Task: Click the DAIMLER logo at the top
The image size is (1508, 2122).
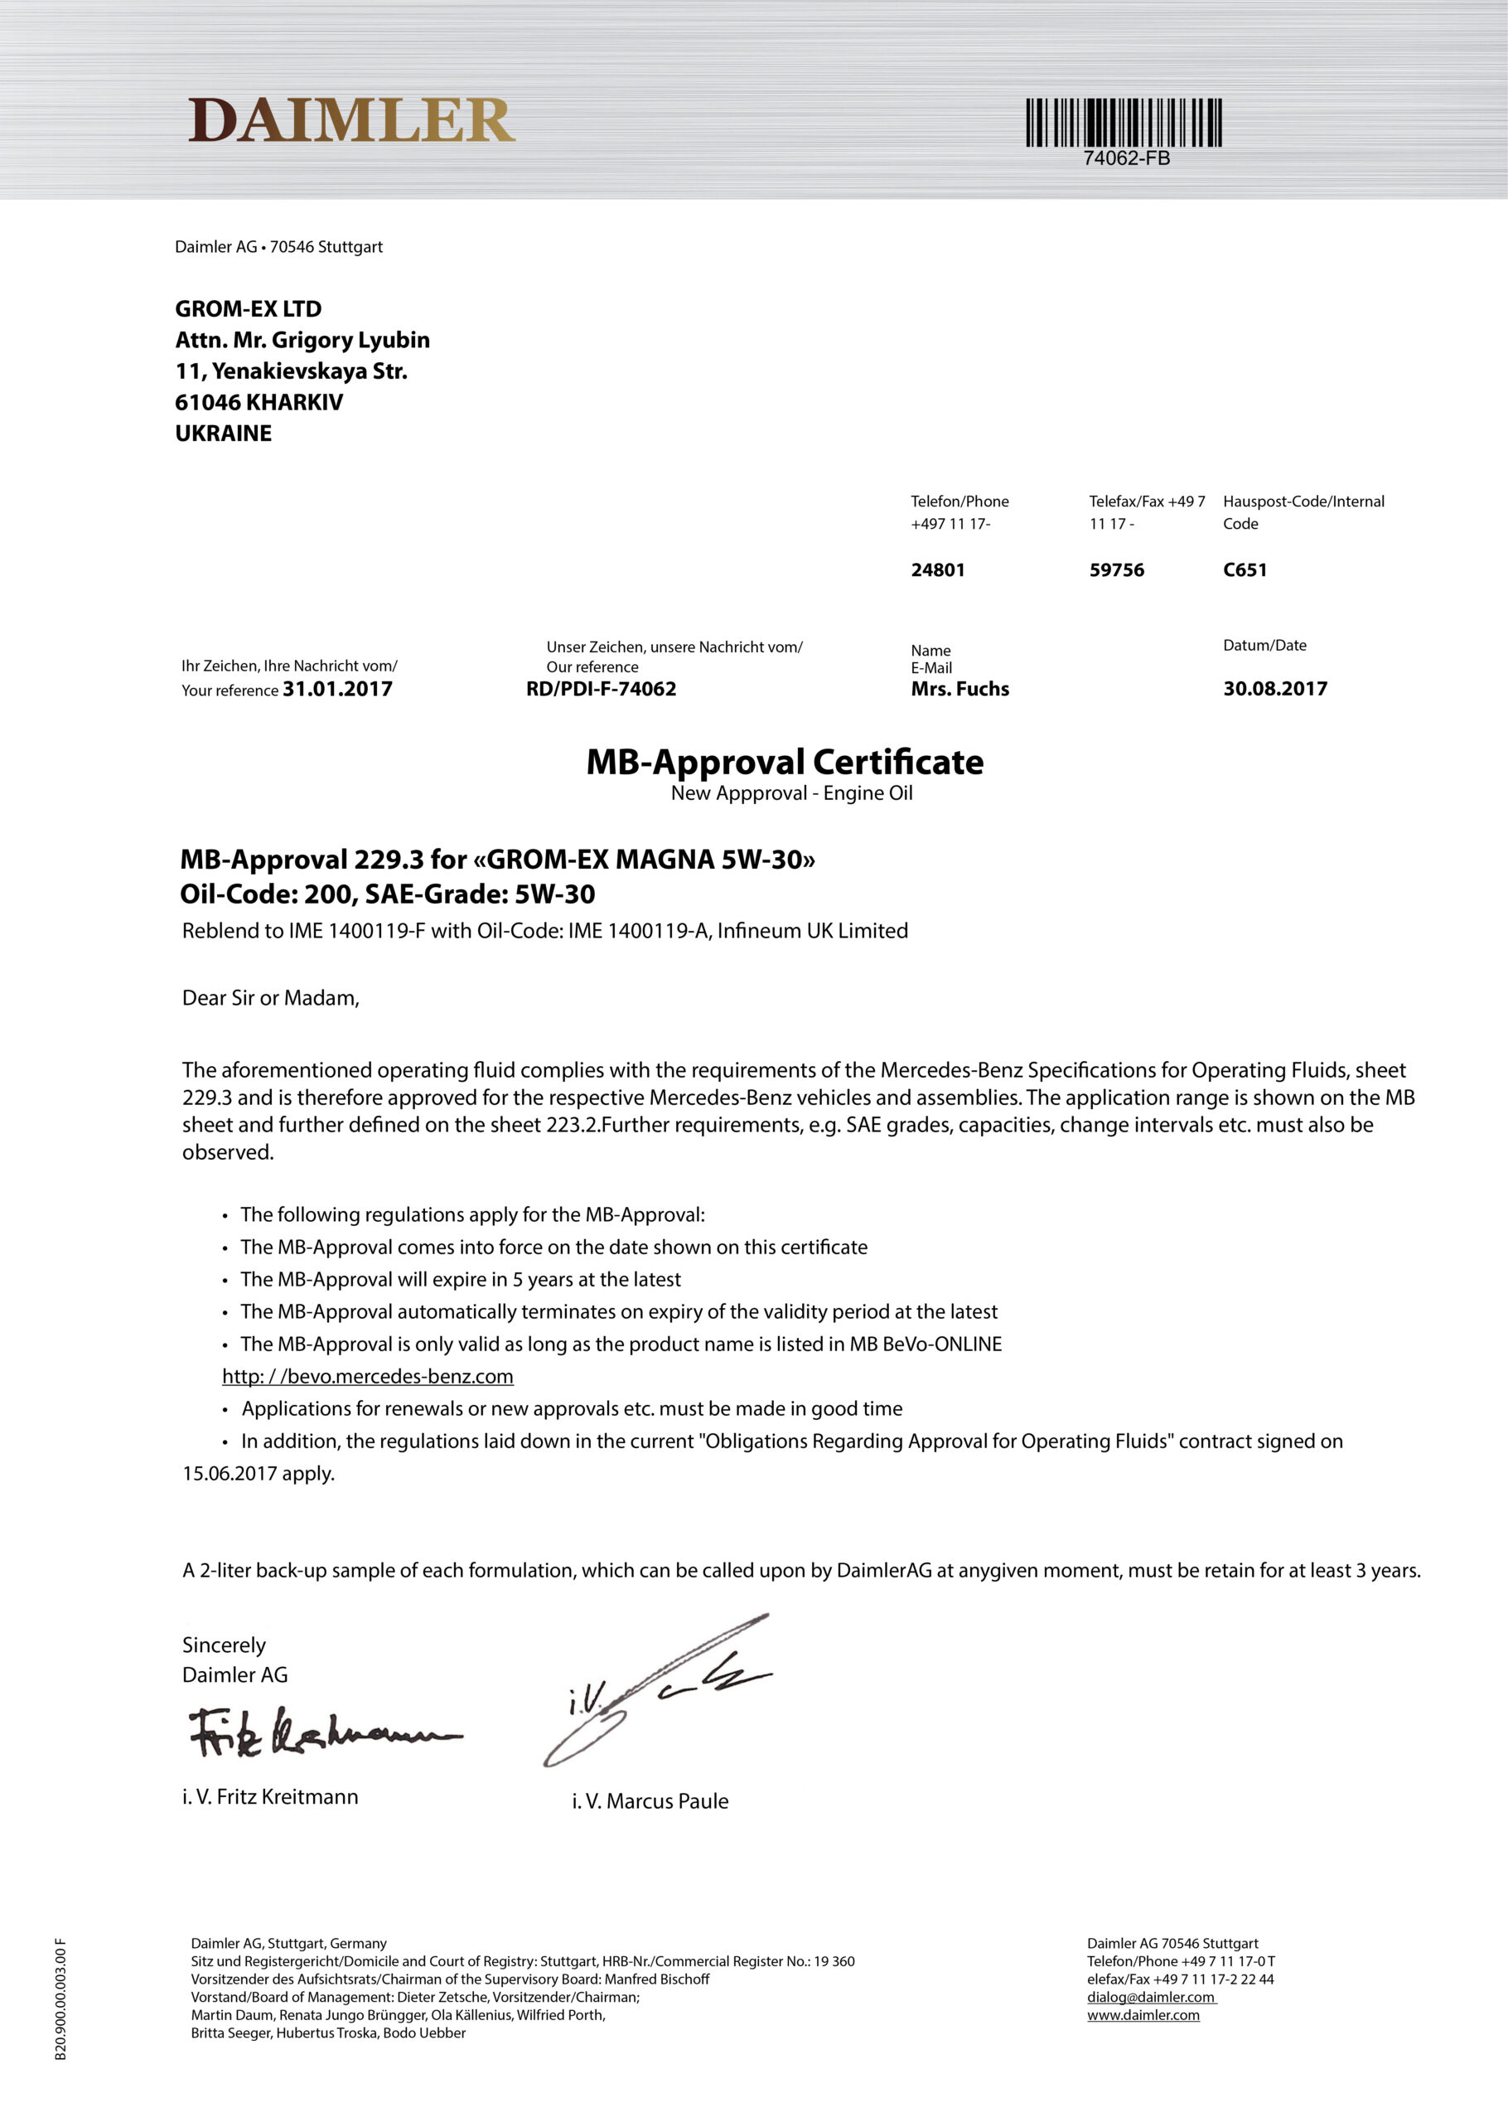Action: click(351, 121)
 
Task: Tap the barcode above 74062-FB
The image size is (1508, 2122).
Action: click(1123, 123)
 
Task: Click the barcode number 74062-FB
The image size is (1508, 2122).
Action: click(1126, 159)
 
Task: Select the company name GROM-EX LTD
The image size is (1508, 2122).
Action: click(248, 309)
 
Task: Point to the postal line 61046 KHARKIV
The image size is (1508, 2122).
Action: click(259, 402)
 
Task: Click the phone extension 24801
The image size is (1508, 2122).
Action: click(937, 570)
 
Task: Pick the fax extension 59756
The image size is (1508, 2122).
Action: click(1116, 570)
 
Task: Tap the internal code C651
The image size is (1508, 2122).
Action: click(1245, 570)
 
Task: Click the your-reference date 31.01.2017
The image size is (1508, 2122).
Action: click(337, 689)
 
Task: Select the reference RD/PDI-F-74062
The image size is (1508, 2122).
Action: click(601, 689)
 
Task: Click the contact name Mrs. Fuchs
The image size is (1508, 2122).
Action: click(959, 689)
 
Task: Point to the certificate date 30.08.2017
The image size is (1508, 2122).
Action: click(1275, 689)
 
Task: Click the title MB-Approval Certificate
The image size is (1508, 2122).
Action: click(785, 763)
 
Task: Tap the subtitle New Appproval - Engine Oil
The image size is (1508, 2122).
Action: click(791, 793)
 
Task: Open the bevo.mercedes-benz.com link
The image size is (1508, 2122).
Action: click(368, 1376)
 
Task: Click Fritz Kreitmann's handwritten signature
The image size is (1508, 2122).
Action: click(321, 1733)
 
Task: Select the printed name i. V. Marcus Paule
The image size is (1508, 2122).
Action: click(650, 1801)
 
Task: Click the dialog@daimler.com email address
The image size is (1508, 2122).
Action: click(1151, 1998)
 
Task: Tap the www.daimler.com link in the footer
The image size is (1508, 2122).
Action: click(1143, 2015)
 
